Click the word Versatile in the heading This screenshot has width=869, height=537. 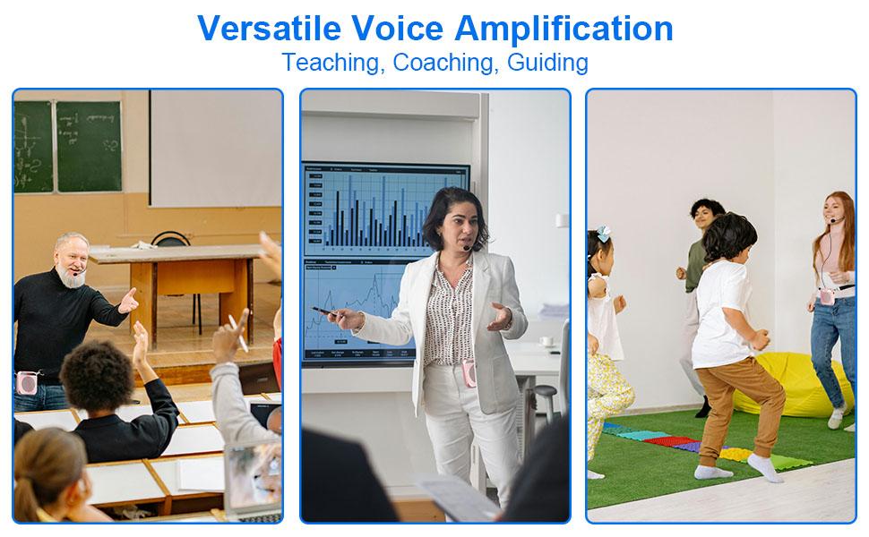pyautogui.click(x=269, y=28)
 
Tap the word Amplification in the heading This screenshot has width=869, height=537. pyautogui.click(x=564, y=28)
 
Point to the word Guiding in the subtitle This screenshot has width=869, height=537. pyautogui.click(x=547, y=63)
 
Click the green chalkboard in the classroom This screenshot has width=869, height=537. pyautogui.click(x=88, y=145)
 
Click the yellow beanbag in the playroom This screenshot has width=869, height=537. pyautogui.click(x=788, y=380)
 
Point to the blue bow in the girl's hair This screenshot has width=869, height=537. pyautogui.click(x=603, y=234)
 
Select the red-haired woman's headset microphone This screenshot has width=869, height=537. pyautogui.click(x=834, y=220)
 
